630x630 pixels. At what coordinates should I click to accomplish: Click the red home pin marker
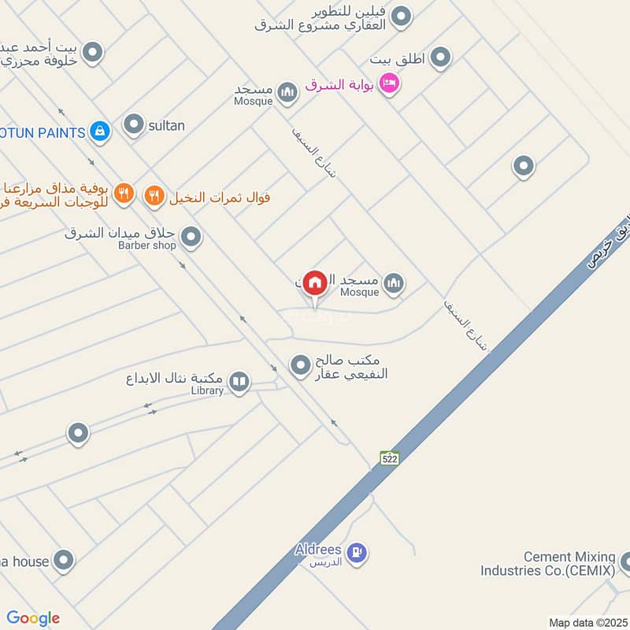pyautogui.click(x=315, y=282)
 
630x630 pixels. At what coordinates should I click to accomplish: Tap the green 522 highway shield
pyautogui.click(x=389, y=458)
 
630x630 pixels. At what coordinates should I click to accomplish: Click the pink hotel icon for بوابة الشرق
pyautogui.click(x=388, y=83)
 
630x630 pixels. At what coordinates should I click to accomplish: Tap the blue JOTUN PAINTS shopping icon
pyautogui.click(x=99, y=132)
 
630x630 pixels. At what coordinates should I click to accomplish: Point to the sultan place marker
pyautogui.click(x=135, y=124)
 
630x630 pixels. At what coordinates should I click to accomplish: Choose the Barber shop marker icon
pyautogui.click(x=191, y=236)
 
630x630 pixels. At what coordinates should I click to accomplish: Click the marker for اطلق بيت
pyautogui.click(x=440, y=57)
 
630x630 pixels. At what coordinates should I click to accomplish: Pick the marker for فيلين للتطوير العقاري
pyautogui.click(x=402, y=17)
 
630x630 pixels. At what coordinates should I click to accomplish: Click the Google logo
pyautogui.click(x=33, y=618)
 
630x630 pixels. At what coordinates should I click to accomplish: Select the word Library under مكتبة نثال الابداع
pyautogui.click(x=207, y=391)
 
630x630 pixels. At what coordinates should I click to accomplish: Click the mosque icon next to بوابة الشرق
pyautogui.click(x=287, y=94)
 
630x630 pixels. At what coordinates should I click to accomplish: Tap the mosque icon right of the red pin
pyautogui.click(x=394, y=283)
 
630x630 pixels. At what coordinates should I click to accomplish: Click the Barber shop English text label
pyautogui.click(x=147, y=245)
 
